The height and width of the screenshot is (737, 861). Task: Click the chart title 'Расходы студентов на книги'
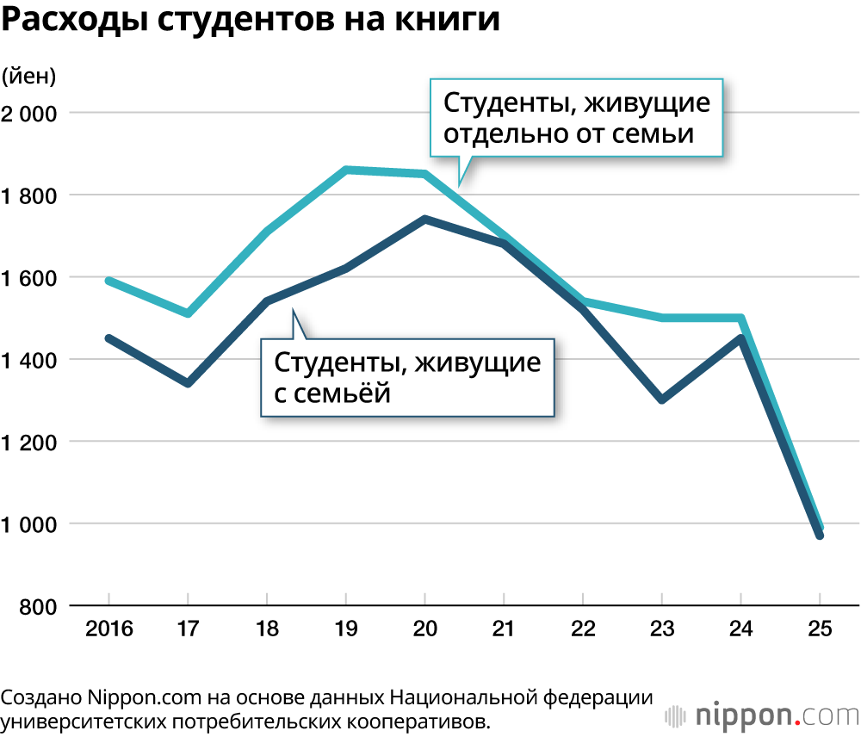tap(250, 21)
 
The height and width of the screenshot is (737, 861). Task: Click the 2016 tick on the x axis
tap(108, 629)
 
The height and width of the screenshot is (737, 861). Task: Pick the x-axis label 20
tap(424, 629)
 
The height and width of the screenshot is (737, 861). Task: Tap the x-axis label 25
tap(820, 629)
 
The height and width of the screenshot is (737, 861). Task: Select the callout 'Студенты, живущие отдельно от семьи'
tap(576, 119)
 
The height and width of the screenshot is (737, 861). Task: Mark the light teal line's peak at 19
tap(345, 170)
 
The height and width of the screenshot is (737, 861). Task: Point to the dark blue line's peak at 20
tap(424, 220)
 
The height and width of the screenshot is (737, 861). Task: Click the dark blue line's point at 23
tap(661, 400)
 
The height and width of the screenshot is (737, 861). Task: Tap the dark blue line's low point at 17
tap(188, 383)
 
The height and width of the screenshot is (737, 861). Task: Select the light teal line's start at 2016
tap(108, 281)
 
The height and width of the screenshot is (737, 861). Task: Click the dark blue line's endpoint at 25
tap(820, 536)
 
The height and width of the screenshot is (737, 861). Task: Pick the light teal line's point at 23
tap(661, 318)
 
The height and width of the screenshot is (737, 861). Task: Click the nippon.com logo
tap(762, 715)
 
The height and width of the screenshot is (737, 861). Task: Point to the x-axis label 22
tap(583, 629)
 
